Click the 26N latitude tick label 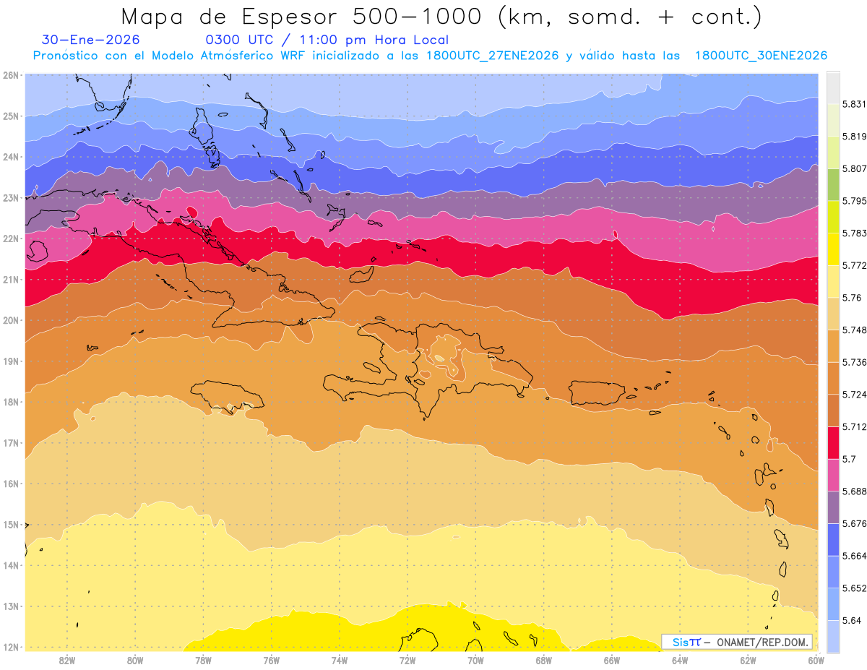[x=11, y=75]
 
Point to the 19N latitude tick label [x=11, y=361]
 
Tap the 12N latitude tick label [x=11, y=647]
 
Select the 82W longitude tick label [x=67, y=660]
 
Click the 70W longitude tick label [x=475, y=660]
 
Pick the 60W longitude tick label [x=816, y=660]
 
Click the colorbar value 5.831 [x=853, y=105]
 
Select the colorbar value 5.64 [x=850, y=620]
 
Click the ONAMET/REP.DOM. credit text [x=763, y=642]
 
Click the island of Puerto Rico [x=597, y=392]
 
